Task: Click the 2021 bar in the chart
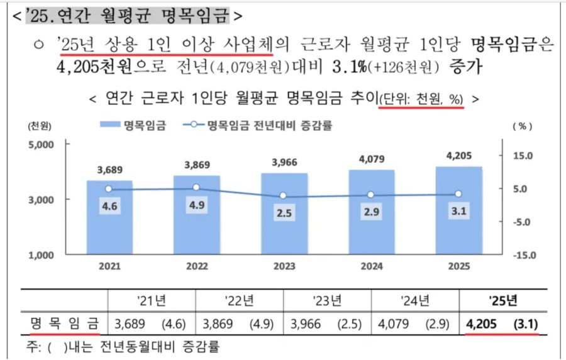(109, 217)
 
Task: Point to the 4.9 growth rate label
(197, 205)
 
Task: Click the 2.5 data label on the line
(284, 213)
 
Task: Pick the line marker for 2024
(371, 195)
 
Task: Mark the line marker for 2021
(109, 189)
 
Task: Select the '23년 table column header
(327, 300)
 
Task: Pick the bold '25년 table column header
(502, 300)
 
